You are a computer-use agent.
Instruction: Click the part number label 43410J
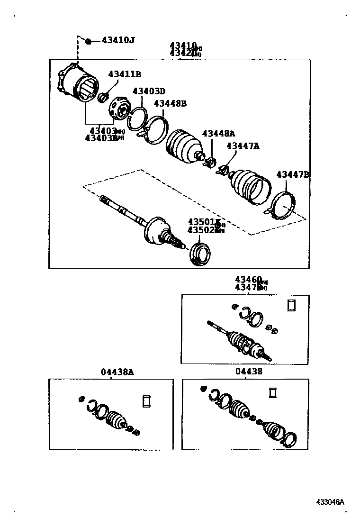[118, 40]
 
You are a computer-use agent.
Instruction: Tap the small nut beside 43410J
[89, 41]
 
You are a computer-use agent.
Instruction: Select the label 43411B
[125, 74]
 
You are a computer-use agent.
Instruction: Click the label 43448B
[171, 103]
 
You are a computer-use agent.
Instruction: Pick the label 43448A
[219, 133]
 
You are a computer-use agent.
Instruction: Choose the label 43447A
[243, 146]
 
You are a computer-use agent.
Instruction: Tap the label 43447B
[292, 175]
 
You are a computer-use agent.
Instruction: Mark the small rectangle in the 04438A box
[146, 401]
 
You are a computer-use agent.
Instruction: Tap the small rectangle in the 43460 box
[291, 306]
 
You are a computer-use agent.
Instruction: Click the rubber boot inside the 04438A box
[115, 420]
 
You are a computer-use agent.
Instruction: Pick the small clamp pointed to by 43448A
[209, 163]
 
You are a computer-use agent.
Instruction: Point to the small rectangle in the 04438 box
[272, 392]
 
